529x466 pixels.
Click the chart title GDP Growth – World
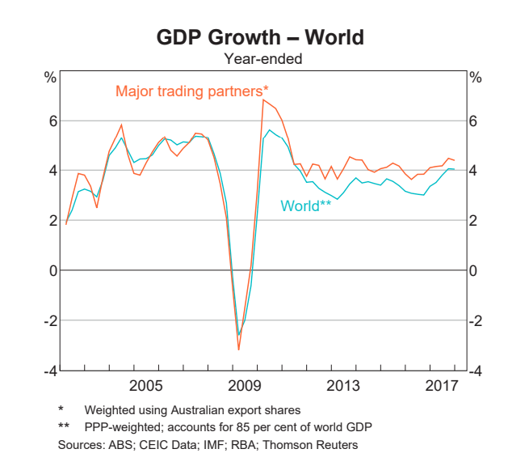pyautogui.click(x=260, y=37)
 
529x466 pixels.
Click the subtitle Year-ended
pyautogui.click(x=260, y=58)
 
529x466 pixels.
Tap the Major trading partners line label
pyautogui.click(x=192, y=90)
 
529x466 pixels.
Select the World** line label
pyautogui.click(x=306, y=205)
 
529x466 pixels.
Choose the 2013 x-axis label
pyautogui.click(x=343, y=383)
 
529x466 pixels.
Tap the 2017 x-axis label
pyautogui.click(x=442, y=383)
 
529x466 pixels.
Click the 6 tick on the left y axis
pyautogui.click(x=53, y=121)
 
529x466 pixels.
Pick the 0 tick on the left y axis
pyautogui.click(x=53, y=270)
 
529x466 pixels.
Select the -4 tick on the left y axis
pyautogui.click(x=51, y=371)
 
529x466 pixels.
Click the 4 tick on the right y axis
pyautogui.click(x=475, y=171)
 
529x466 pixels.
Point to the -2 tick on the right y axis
pyautogui.click(x=477, y=320)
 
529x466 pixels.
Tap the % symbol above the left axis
pyautogui.click(x=50, y=78)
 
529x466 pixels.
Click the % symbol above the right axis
pyautogui.click(x=476, y=78)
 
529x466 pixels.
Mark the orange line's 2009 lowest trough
pyautogui.click(x=239, y=349)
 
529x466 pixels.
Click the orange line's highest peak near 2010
pyautogui.click(x=263, y=100)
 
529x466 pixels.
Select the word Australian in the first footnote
pyautogui.click(x=212, y=409)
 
